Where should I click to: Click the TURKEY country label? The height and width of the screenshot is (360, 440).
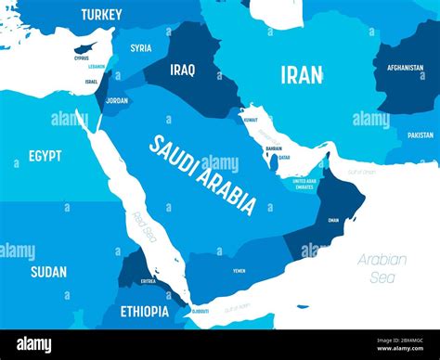click(101, 14)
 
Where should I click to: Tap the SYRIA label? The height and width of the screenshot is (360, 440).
click(141, 48)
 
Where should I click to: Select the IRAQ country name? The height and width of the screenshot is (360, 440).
click(183, 69)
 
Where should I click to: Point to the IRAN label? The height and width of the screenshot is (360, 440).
click(302, 75)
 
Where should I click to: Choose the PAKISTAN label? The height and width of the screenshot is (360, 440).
click(420, 135)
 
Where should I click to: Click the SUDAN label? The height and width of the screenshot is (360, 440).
click(48, 272)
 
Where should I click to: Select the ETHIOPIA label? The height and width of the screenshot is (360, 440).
click(144, 312)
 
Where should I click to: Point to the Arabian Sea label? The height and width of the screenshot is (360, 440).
click(382, 267)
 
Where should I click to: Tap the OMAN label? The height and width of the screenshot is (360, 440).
click(334, 220)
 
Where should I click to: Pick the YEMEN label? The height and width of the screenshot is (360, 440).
click(239, 270)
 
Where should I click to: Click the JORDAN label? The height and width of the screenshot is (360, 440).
click(117, 100)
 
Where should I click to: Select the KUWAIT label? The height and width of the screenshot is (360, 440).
click(250, 120)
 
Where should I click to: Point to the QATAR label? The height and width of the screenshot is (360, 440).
click(284, 157)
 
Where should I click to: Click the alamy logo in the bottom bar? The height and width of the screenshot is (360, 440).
click(34, 345)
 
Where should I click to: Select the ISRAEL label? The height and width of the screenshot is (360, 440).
click(91, 82)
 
